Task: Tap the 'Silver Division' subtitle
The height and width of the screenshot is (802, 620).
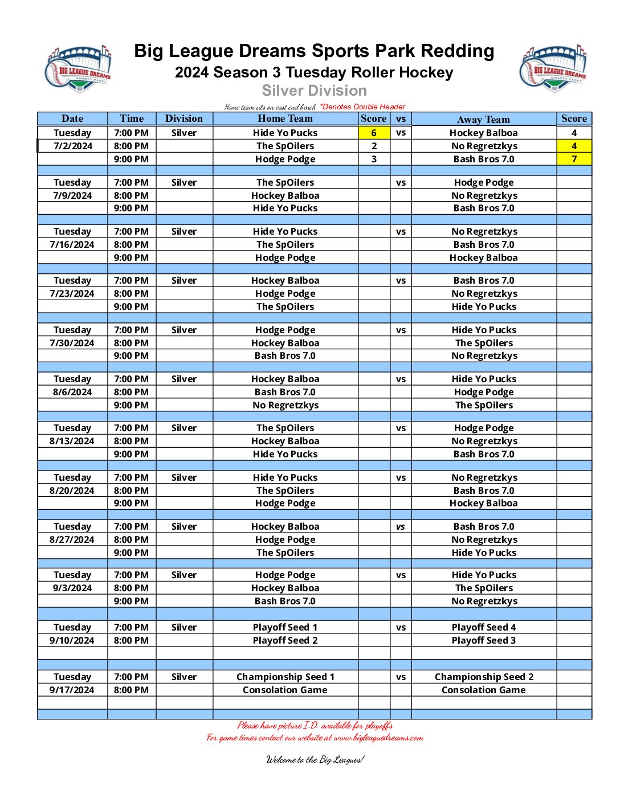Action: point(314,91)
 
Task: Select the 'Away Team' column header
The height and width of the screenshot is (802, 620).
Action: point(483,119)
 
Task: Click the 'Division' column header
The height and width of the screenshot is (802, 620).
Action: point(183,118)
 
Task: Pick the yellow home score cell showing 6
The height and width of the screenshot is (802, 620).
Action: point(374,133)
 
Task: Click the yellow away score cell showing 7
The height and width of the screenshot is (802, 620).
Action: point(574,159)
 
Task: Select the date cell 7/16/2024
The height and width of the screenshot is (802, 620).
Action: point(72,244)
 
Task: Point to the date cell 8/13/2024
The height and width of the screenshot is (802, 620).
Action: point(72,441)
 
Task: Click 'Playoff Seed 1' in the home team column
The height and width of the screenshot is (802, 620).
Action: point(285,627)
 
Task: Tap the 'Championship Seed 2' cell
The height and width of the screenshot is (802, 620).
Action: point(484,677)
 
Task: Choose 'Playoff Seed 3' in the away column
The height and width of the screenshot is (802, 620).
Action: point(484,640)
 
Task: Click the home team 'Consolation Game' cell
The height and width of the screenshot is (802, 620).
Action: point(285,690)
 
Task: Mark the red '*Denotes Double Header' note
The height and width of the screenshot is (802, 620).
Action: point(362,107)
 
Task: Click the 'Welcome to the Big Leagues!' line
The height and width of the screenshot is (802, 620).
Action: point(315,759)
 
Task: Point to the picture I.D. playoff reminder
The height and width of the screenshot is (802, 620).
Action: point(315,725)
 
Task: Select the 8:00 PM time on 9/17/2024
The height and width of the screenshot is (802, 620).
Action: point(131,690)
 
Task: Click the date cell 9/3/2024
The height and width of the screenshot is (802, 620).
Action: point(72,588)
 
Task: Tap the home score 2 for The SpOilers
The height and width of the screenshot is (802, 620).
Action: point(374,146)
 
